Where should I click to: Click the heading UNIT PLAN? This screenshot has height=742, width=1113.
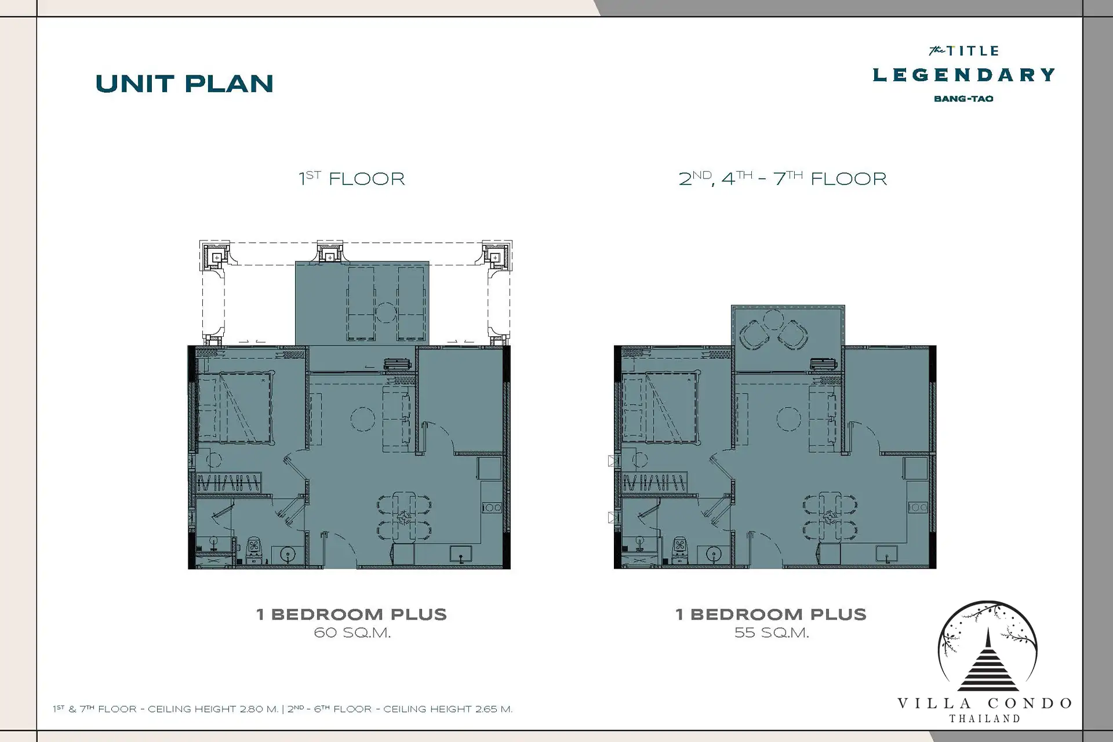[x=184, y=84]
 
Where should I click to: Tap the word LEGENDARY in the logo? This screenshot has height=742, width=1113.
[x=964, y=75]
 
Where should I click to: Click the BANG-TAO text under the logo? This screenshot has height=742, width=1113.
[x=963, y=99]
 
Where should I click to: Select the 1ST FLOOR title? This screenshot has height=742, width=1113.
[x=351, y=178]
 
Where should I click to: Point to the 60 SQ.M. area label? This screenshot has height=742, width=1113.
[x=352, y=633]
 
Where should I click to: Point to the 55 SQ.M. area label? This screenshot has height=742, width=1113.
[x=772, y=633]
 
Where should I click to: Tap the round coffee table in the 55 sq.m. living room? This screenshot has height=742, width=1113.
[x=788, y=419]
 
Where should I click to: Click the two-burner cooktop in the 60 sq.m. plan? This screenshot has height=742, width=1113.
[x=492, y=508]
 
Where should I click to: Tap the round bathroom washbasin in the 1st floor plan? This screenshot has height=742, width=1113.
[x=288, y=554]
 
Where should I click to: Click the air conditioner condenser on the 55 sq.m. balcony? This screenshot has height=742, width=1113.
[x=823, y=364]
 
